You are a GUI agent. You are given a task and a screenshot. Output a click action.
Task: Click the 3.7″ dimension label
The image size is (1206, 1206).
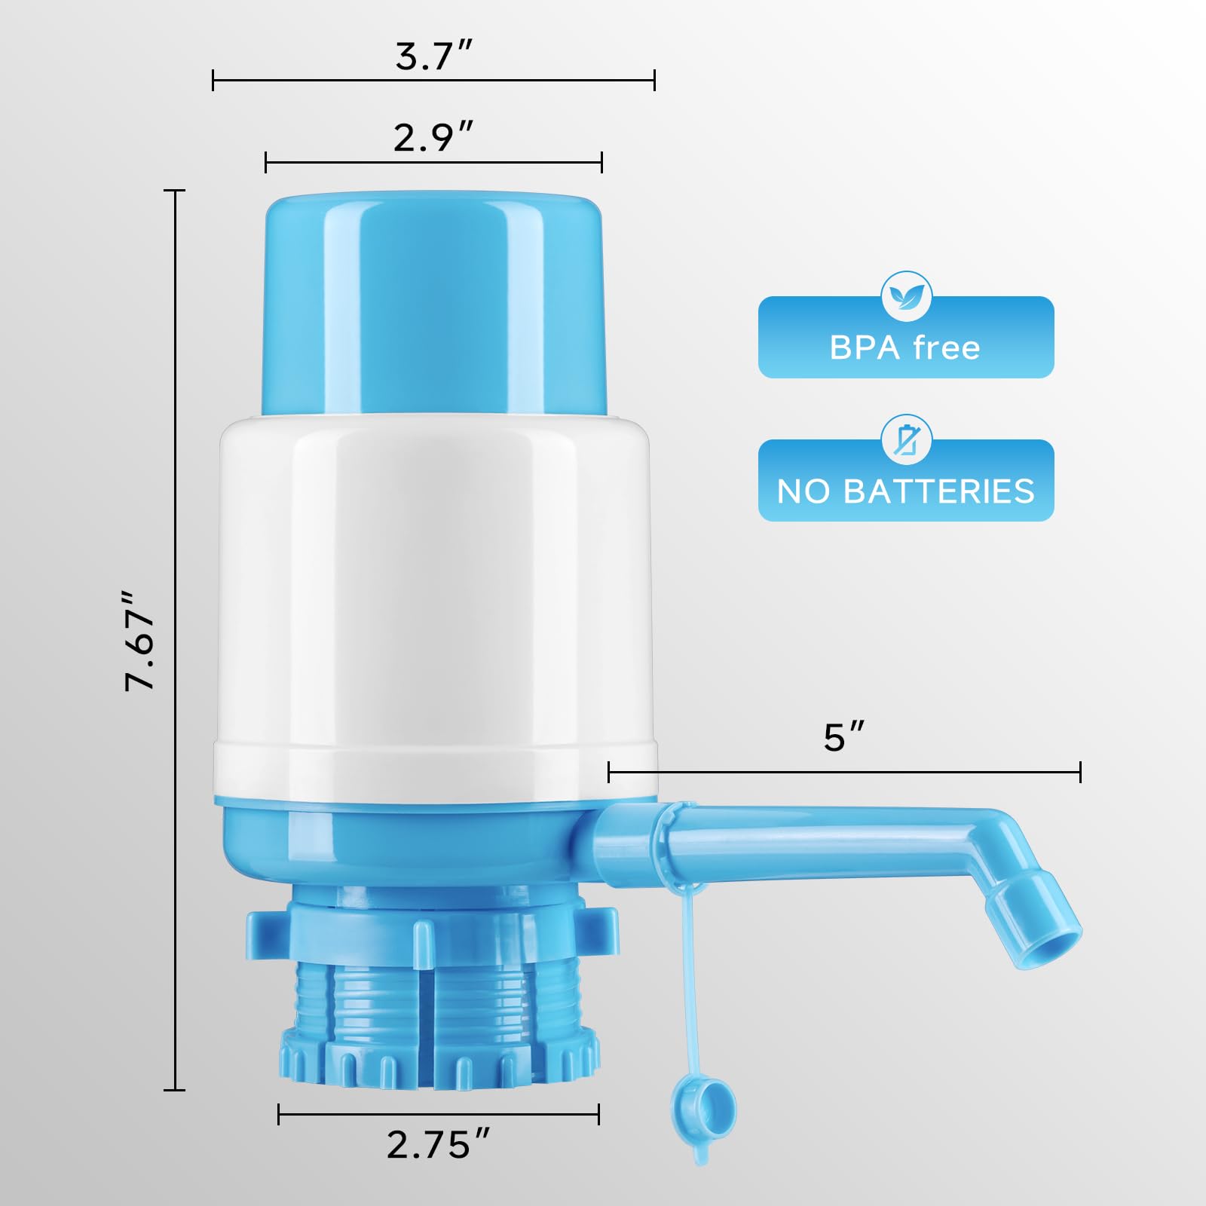[x=433, y=57]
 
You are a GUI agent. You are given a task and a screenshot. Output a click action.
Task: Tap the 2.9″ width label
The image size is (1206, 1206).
[x=433, y=137]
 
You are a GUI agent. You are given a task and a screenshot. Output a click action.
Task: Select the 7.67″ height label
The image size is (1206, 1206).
[x=140, y=641]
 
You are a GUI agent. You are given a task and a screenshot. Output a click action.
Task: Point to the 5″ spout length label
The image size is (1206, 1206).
[x=843, y=737]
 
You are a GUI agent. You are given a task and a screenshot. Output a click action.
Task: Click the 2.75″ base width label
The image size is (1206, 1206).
[x=438, y=1145]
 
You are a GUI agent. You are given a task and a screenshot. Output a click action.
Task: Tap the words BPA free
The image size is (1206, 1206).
[x=904, y=348]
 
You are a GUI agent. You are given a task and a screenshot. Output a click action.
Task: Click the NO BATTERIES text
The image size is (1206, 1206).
[x=905, y=491]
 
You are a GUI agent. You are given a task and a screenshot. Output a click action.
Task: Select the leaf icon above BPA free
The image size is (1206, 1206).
[x=906, y=296]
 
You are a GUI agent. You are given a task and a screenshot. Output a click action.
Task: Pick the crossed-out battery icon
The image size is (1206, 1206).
[x=906, y=439]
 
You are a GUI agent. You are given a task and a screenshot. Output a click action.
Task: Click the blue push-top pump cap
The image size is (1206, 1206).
[x=434, y=301]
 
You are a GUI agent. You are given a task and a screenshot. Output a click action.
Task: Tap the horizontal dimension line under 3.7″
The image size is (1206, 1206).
[x=433, y=80]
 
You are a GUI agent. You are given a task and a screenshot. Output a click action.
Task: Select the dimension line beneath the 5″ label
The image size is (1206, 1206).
[x=843, y=772]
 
